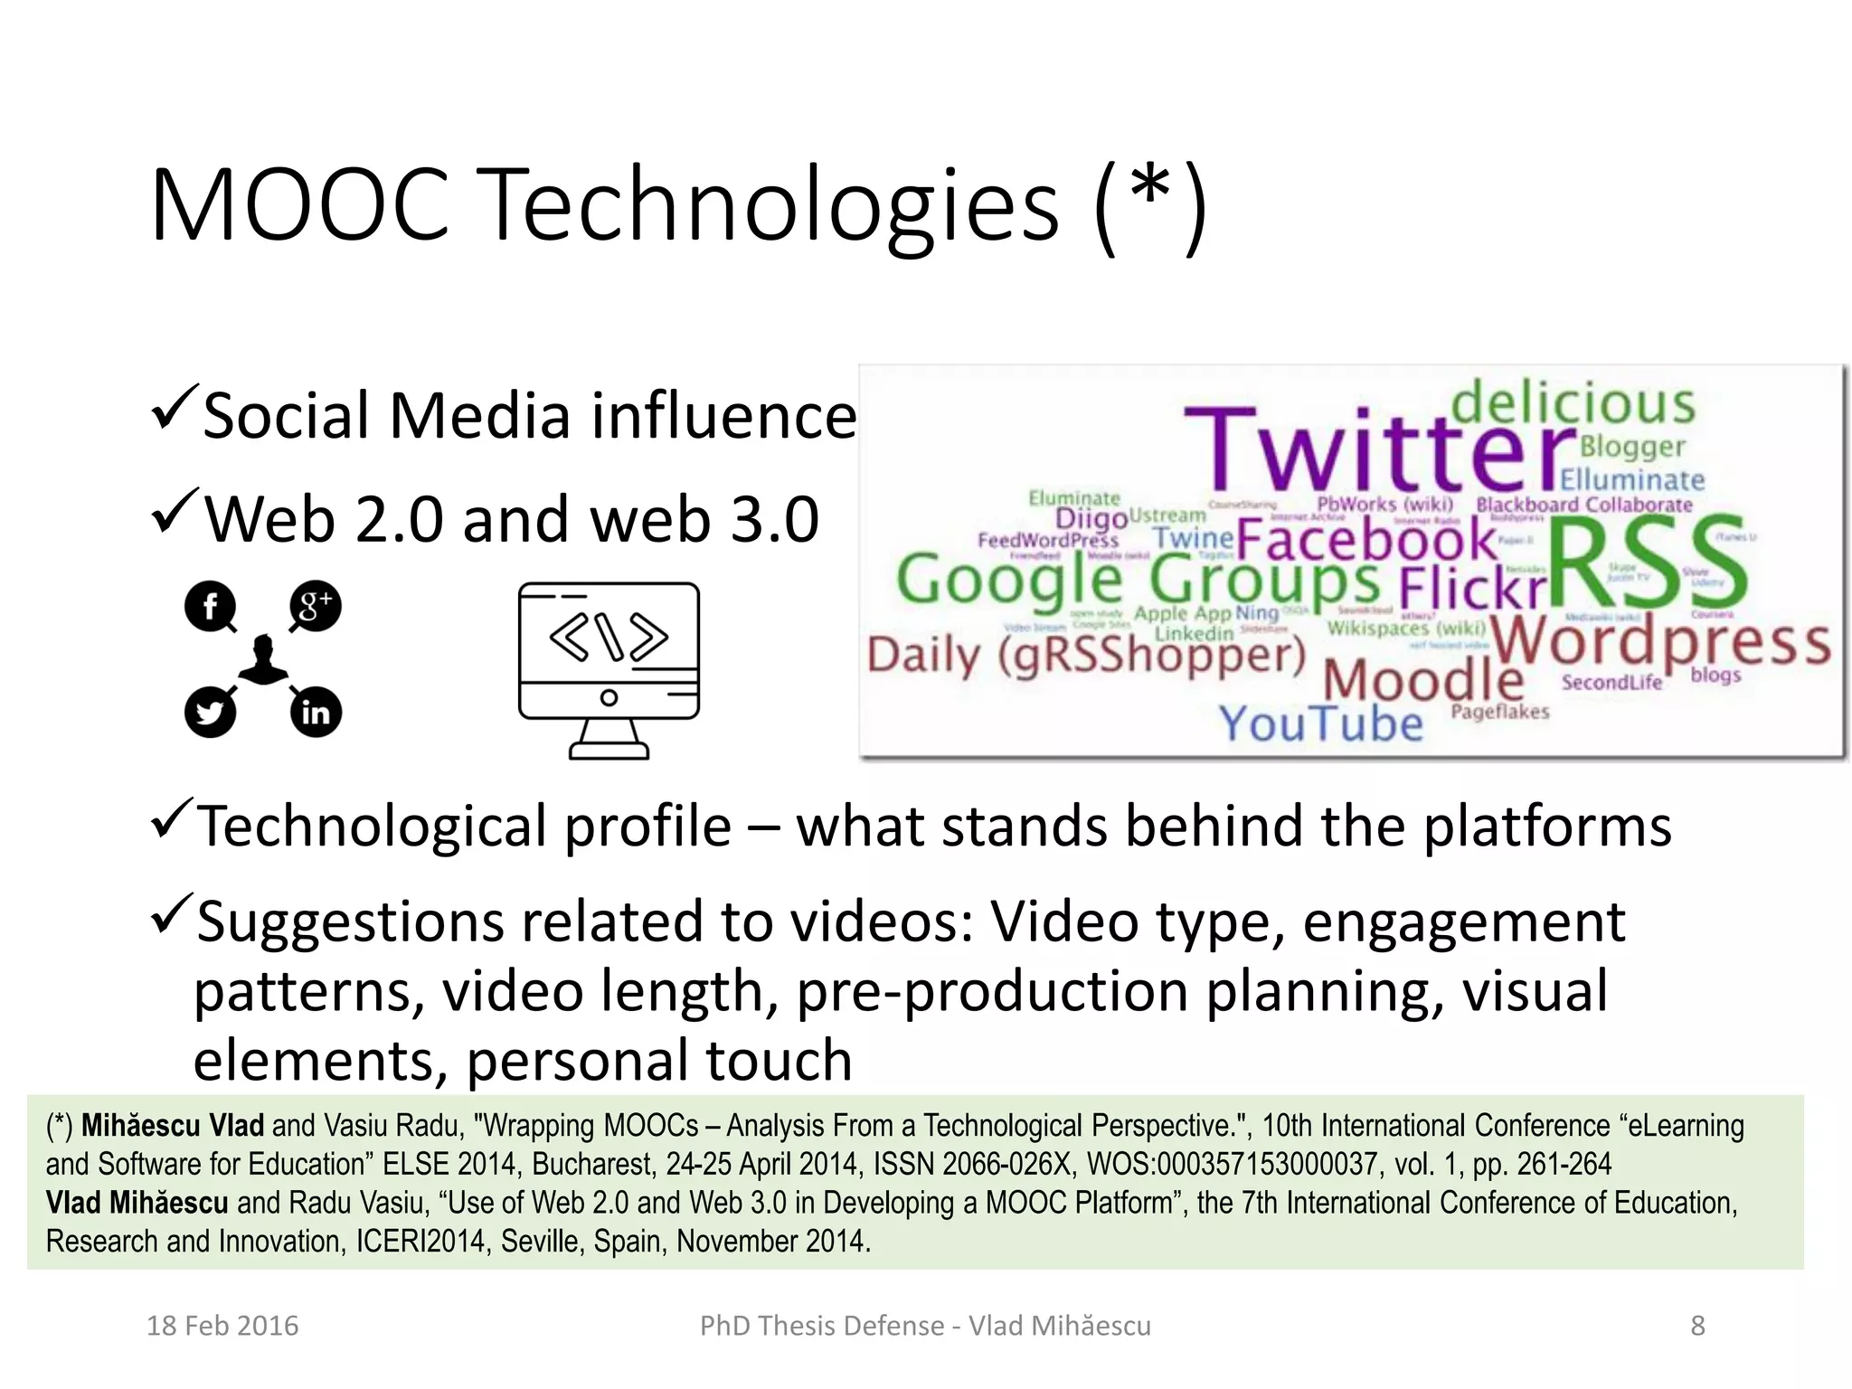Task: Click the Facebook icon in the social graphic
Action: click(210, 606)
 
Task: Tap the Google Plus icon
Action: click(316, 606)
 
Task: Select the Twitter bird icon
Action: click(210, 713)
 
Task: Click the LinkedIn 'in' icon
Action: click(316, 713)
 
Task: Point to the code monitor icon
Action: click(609, 669)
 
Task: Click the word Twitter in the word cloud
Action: click(1379, 449)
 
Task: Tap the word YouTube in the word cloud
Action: click(1321, 723)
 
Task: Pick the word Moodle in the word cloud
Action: click(1423, 679)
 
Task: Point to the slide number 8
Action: click(1697, 1326)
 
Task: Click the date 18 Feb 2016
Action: click(222, 1326)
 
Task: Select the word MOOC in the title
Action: click(299, 205)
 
